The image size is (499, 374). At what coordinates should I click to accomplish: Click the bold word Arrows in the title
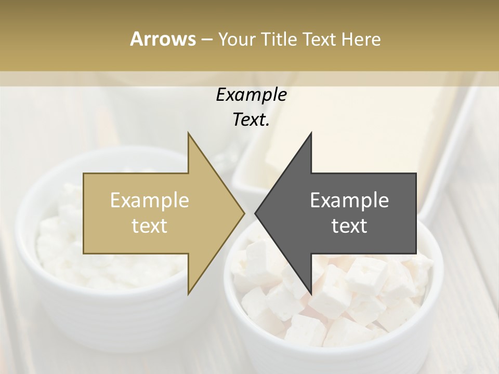163,39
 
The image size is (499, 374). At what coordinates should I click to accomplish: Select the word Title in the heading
282,39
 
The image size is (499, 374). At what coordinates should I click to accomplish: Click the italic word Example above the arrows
251,95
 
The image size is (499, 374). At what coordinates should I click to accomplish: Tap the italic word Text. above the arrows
251,120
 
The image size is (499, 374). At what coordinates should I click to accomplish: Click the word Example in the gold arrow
150,200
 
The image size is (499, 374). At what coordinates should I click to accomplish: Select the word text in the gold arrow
150,226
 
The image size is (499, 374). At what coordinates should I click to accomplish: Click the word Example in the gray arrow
349,200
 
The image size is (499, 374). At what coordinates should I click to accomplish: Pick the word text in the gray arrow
349,226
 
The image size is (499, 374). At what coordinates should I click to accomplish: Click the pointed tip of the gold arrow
244,213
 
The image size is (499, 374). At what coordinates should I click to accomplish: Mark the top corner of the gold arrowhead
189,133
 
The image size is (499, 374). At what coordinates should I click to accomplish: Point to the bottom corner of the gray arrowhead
311,293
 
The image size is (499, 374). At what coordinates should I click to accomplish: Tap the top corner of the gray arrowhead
311,133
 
